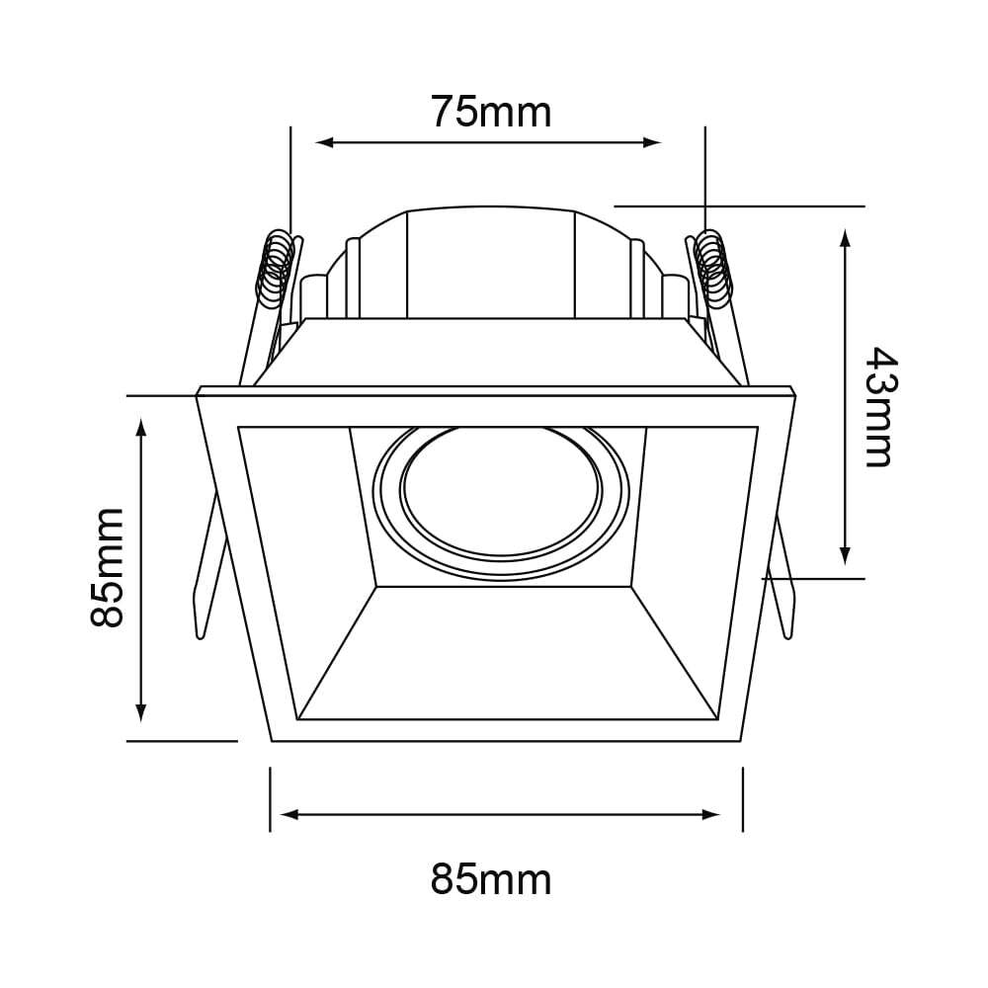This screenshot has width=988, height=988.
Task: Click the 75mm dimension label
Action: tap(491, 113)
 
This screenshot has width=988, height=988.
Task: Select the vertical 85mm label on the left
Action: tap(107, 568)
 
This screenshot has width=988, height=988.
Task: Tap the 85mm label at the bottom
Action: tap(491, 879)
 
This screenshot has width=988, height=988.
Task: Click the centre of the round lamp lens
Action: tap(501, 492)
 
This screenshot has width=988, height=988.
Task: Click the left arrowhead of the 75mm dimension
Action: tap(324, 142)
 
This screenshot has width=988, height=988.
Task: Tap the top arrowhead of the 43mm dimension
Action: tap(846, 239)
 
